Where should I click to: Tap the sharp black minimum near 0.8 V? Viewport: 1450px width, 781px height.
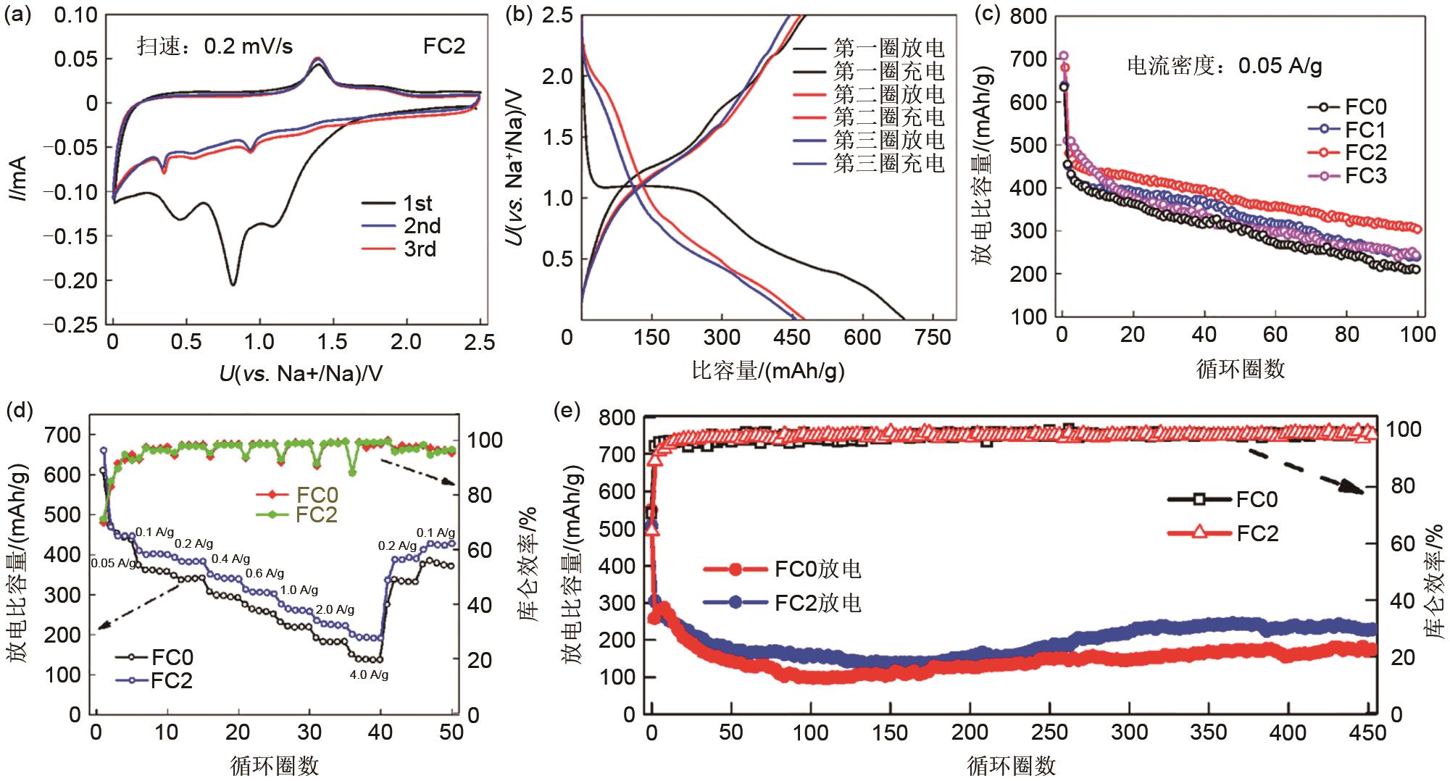coord(233,284)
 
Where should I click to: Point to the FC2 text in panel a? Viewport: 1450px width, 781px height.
coord(443,46)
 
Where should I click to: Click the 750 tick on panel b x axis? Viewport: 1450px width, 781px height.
coord(933,338)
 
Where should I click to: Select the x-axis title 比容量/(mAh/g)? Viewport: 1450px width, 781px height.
coord(768,371)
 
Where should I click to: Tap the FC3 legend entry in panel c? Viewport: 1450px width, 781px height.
coord(1365,175)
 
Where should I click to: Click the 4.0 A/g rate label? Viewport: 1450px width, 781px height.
coord(369,675)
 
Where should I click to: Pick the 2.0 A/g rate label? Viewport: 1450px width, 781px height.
coord(335,609)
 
